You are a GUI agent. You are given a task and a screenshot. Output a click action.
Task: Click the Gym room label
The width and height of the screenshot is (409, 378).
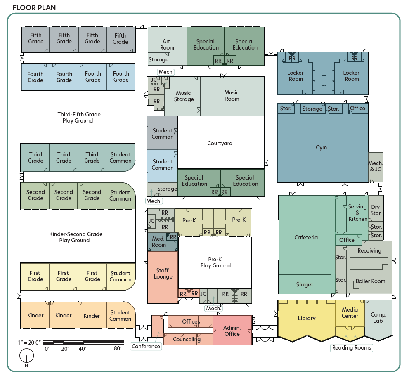(x=321, y=148)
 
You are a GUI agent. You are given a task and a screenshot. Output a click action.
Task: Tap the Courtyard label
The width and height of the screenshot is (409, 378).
(x=220, y=144)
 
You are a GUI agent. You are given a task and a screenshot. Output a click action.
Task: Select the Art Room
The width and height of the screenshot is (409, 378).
(x=167, y=44)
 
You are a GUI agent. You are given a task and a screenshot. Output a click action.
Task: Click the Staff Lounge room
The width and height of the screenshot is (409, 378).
(x=163, y=274)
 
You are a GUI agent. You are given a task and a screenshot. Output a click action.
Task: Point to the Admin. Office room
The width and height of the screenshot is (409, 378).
(x=232, y=331)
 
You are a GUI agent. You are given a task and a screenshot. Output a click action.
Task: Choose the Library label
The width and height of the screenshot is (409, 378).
(x=307, y=318)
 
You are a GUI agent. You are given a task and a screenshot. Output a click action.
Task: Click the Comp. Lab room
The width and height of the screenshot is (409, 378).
(x=378, y=318)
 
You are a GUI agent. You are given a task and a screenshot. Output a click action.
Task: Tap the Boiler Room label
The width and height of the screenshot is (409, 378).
(x=370, y=281)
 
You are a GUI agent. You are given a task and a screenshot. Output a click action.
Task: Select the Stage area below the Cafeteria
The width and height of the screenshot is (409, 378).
(x=304, y=284)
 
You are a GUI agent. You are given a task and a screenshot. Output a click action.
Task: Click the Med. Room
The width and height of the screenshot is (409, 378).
(x=158, y=242)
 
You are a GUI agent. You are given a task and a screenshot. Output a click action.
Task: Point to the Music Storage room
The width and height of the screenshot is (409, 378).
(x=184, y=96)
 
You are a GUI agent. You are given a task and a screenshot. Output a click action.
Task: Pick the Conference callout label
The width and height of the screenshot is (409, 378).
(x=146, y=346)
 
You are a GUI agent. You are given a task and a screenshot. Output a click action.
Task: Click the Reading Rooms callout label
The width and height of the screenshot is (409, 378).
(x=352, y=347)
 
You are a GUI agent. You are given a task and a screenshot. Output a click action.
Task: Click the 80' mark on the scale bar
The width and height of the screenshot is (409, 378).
(x=118, y=349)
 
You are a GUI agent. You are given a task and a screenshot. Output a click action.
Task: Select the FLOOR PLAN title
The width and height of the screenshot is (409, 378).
(x=34, y=8)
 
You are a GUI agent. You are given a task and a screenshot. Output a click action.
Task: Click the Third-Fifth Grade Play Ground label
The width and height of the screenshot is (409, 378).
(x=78, y=118)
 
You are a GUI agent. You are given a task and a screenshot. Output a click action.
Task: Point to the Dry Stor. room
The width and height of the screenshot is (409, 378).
(x=376, y=210)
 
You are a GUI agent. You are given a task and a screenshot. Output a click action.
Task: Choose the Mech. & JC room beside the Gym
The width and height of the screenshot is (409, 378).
(x=376, y=166)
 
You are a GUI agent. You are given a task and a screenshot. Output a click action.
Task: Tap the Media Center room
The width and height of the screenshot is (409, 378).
(x=350, y=313)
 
